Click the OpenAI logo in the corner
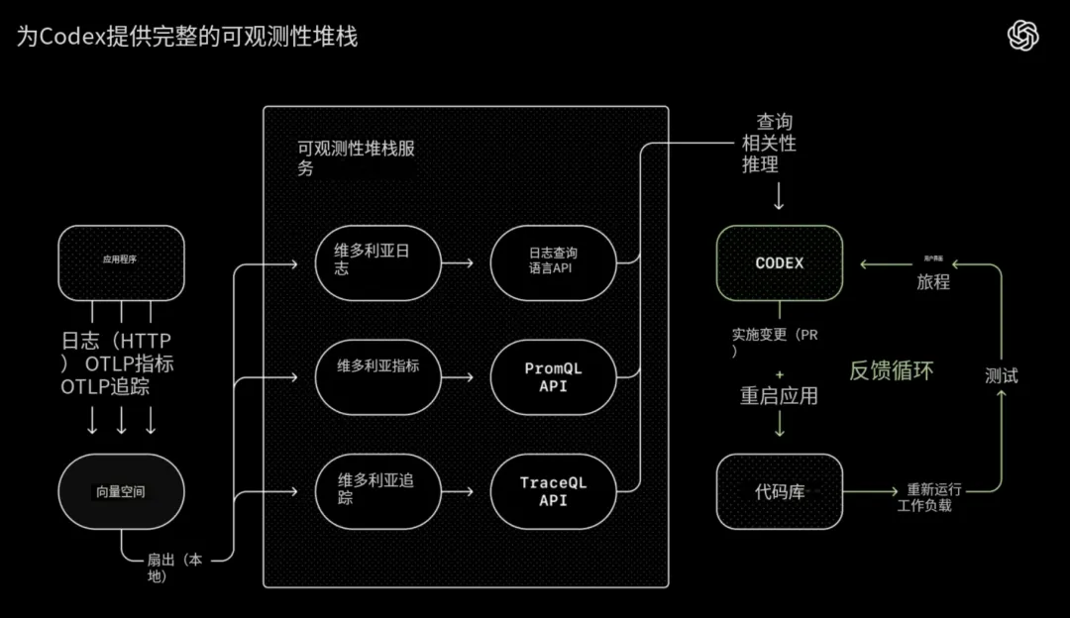click(1023, 36)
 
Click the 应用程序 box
click(121, 261)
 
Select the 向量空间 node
click(121, 490)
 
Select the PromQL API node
click(553, 376)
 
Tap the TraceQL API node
click(553, 490)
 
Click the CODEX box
click(780, 263)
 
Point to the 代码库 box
click(780, 491)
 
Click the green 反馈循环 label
click(892, 370)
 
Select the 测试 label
click(1002, 375)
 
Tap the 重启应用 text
click(779, 395)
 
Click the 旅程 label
click(933, 281)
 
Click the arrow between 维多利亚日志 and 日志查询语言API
click(458, 263)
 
